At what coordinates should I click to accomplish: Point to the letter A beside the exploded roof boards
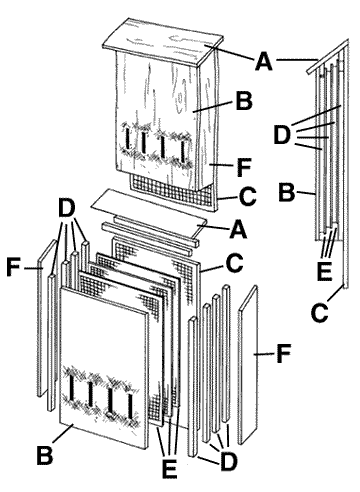pos(237,228)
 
